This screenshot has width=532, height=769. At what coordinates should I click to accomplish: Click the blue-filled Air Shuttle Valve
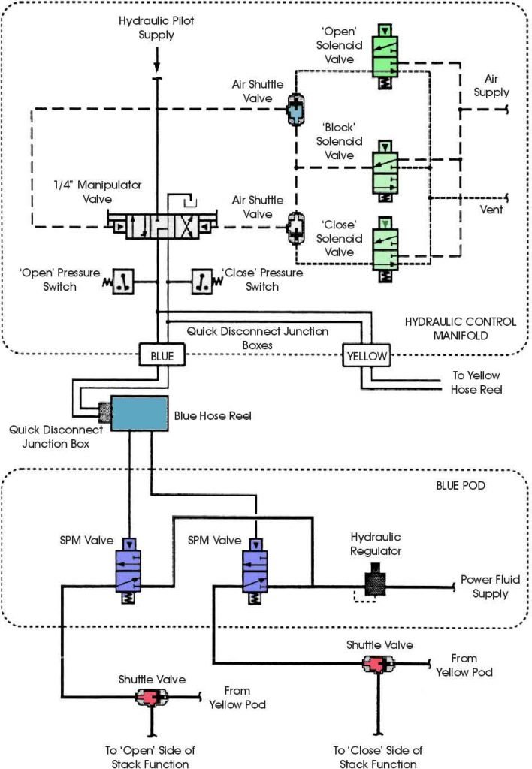pos(294,111)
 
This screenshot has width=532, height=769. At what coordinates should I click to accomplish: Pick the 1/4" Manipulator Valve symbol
pos(163,225)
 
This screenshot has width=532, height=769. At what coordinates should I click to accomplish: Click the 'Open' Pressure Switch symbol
pos(122,281)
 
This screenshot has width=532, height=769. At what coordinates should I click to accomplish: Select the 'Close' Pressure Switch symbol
pos(203,281)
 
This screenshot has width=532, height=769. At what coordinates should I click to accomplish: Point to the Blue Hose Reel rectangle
pos(139,414)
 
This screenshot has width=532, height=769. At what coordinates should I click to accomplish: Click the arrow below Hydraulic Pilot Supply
pos(158,56)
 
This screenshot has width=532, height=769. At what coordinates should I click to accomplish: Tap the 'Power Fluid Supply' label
pos(490,587)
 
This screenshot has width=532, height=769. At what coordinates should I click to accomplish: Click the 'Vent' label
pos(491,210)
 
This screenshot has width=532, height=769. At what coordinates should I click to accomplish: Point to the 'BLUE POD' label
pos(482,486)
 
